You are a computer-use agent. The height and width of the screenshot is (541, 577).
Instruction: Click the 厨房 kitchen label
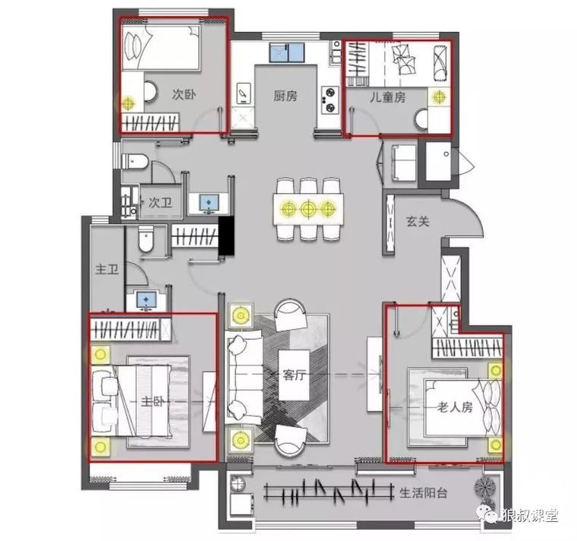tap(285, 96)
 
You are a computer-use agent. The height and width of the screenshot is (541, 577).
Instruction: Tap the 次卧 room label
tap(184, 94)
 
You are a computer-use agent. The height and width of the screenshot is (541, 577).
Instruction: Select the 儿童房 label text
tap(388, 97)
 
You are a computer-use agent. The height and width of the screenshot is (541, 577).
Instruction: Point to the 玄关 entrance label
tap(418, 221)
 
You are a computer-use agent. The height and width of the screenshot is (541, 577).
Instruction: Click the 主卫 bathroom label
tap(107, 269)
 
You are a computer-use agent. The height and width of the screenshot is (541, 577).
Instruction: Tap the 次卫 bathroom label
tap(160, 203)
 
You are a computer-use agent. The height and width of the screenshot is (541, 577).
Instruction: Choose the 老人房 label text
tap(455, 407)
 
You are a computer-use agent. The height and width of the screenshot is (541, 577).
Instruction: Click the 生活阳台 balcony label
tap(424, 493)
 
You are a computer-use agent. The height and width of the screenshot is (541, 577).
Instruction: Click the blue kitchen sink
tap(288, 52)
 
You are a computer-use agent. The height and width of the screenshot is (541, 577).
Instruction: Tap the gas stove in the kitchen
tap(329, 100)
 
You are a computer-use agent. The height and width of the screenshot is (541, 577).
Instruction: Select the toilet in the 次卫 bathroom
tap(135, 161)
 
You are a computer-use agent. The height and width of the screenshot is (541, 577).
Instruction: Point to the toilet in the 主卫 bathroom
tap(146, 239)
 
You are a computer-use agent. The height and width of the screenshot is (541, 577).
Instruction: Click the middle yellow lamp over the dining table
tap(308, 209)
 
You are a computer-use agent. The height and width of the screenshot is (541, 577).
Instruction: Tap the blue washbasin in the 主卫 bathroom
tap(147, 299)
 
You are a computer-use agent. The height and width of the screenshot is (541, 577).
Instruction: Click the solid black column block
tap(226, 236)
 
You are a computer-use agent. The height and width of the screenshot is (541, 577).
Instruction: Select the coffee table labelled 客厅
tap(294, 375)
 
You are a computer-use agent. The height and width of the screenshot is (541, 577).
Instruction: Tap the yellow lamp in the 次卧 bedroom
tap(128, 103)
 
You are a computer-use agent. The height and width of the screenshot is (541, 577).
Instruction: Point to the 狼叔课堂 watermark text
tap(530, 516)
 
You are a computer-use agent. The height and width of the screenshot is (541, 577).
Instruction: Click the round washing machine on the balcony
tap(238, 482)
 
